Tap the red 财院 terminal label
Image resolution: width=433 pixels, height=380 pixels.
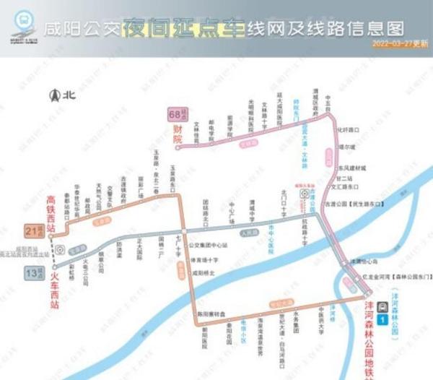point(177,134)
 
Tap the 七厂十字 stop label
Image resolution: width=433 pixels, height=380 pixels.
point(178,249)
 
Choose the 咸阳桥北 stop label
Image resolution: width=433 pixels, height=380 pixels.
point(204,273)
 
